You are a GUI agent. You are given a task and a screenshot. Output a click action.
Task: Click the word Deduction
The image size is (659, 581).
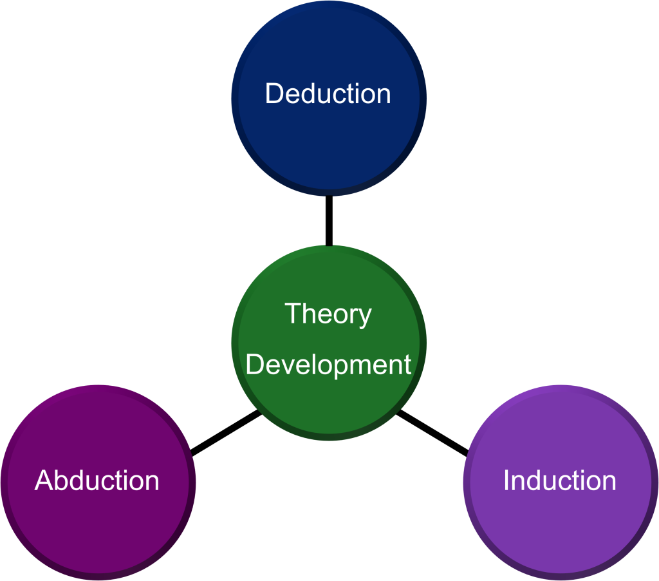tap(328, 94)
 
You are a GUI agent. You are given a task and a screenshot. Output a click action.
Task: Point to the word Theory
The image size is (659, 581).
tap(328, 314)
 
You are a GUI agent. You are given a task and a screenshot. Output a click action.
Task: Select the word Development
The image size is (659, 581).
tap(328, 365)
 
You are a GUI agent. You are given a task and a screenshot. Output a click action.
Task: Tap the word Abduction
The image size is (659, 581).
tap(97, 481)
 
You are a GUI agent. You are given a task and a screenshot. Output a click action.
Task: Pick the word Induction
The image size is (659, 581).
tap(560, 481)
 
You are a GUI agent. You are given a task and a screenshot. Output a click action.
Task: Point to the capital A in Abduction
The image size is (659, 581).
tap(44, 481)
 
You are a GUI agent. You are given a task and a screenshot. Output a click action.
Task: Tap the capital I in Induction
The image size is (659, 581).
tap(507, 481)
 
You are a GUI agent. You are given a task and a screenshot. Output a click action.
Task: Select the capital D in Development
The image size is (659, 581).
tap(255, 365)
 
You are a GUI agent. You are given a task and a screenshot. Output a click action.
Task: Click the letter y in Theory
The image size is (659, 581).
tap(364, 317)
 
